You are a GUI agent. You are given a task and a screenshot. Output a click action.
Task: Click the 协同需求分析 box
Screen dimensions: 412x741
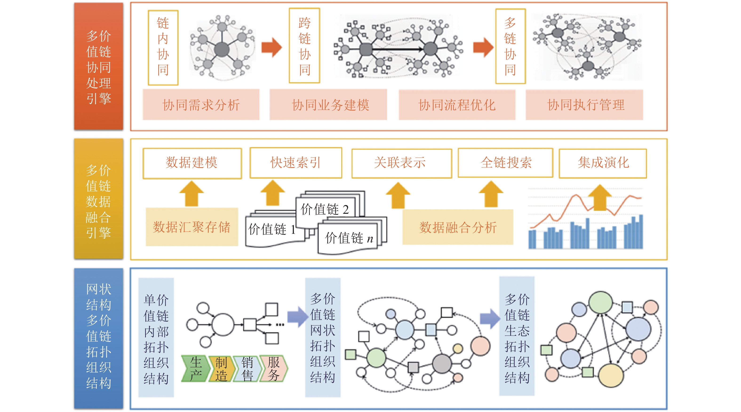pos(201,105)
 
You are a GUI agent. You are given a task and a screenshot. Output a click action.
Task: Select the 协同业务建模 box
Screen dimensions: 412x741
pos(328,105)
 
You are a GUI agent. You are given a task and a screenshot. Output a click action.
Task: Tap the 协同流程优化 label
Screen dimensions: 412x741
pos(457,105)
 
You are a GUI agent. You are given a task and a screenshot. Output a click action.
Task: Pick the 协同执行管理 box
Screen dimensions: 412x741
pos(584,105)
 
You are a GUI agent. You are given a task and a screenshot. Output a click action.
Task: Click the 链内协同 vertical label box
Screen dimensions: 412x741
pos(163,48)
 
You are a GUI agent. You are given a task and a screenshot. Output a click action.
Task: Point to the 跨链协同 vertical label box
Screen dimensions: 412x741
pos(304,46)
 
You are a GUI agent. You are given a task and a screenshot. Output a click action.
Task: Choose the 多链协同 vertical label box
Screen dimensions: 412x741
pos(510,46)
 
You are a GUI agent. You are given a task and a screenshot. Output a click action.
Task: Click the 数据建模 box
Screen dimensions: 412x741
pos(192,163)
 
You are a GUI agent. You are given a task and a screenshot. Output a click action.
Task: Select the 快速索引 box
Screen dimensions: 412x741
pos(296,163)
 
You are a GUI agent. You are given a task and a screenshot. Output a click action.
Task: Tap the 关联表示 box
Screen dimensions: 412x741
pos(402,163)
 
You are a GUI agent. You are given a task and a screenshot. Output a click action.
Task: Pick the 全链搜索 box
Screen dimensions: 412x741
pos(506,163)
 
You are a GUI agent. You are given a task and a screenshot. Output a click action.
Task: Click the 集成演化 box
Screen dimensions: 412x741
pos(603,163)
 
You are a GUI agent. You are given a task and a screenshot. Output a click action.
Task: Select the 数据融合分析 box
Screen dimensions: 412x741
pos(458,227)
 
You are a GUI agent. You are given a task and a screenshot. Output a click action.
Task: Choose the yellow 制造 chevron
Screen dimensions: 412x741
pos(221,368)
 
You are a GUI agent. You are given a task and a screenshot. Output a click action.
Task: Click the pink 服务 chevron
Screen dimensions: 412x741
pos(273,368)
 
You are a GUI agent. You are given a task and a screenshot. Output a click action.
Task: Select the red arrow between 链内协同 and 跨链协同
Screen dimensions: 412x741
pos(271,48)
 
